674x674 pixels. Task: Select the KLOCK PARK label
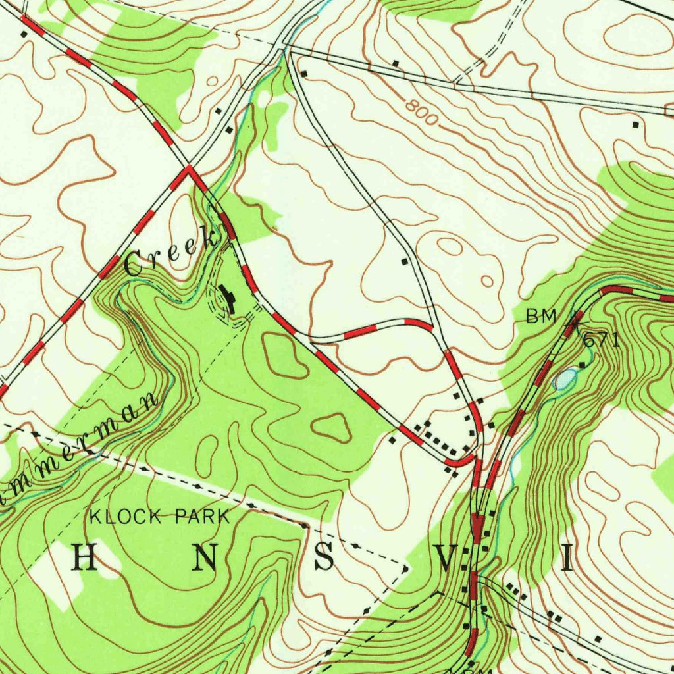click(160, 517)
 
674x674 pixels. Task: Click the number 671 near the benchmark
click(601, 340)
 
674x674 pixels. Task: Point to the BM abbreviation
click(541, 317)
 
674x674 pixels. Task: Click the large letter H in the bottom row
click(84, 559)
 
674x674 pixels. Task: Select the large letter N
click(205, 559)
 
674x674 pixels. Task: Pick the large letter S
click(324, 559)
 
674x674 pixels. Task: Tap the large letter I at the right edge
click(566, 560)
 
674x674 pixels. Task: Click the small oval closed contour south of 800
click(487, 282)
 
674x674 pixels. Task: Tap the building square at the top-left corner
click(24, 33)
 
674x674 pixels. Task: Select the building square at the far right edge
click(635, 124)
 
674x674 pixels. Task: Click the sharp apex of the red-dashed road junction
click(189, 168)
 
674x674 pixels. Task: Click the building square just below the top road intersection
click(303, 73)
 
